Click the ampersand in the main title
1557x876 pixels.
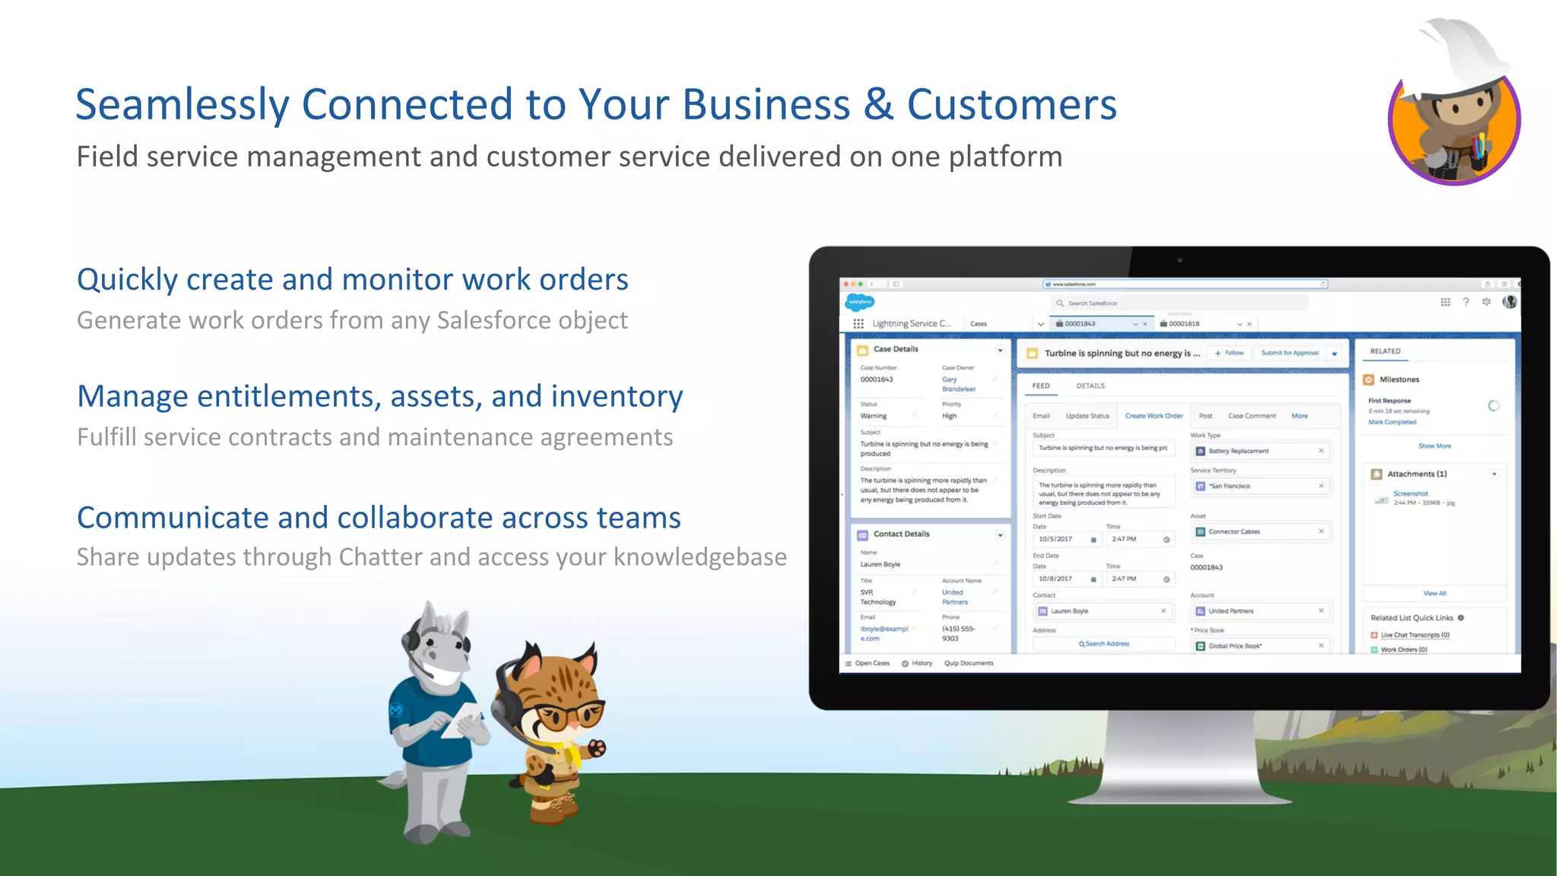[878, 104]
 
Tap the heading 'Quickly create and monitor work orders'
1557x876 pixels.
[352, 280]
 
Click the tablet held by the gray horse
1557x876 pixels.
[462, 718]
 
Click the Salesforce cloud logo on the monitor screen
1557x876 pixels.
[860, 302]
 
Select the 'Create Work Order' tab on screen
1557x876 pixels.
[1153, 416]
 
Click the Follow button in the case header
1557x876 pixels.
[1229, 353]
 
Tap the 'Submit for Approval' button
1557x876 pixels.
[1289, 353]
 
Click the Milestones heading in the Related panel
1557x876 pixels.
[1399, 379]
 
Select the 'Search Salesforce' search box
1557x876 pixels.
[1178, 303]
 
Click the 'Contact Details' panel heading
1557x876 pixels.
[901, 534]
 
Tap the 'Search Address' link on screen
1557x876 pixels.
[1104, 644]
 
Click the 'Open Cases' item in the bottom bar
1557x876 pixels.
[871, 663]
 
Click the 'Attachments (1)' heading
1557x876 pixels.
[1416, 474]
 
